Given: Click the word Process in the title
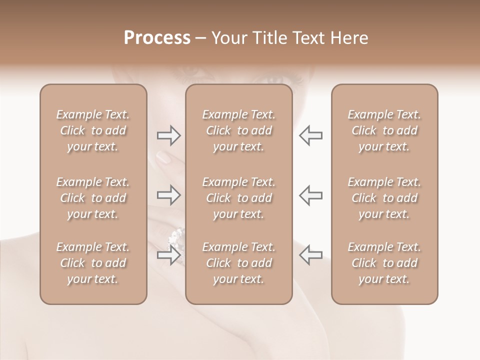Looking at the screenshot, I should [157, 38].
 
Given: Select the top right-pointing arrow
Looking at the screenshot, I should [168, 135].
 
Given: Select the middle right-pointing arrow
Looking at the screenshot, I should [168, 195].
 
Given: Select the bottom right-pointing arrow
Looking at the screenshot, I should [168, 255].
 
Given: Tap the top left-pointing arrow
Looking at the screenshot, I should [310, 135].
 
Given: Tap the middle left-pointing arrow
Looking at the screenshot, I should [310, 195].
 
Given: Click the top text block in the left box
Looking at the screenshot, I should [93, 130].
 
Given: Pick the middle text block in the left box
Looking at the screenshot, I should [93, 198].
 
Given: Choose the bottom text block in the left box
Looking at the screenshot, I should [93, 263].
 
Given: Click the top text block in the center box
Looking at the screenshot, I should [239, 130].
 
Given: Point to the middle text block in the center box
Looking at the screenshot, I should [239, 198].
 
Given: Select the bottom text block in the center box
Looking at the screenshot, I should [239, 263].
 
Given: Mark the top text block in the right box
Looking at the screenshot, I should [384, 130].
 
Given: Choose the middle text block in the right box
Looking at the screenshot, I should [384, 198].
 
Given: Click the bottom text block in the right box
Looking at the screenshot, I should [384, 263].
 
